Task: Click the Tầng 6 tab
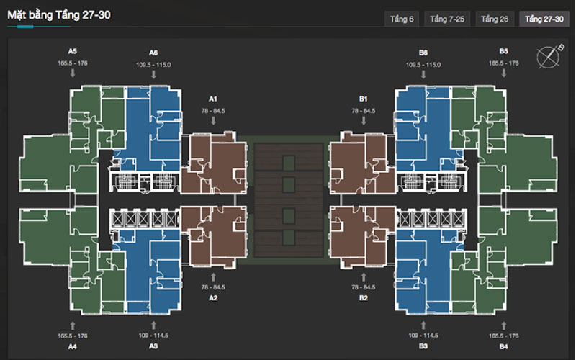click(402, 19)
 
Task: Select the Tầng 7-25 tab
click(448, 19)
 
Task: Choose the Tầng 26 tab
click(495, 19)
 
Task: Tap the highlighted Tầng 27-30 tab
click(544, 19)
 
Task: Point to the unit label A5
click(73, 52)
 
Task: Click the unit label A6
click(153, 53)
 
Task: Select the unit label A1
click(213, 98)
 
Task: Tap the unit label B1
click(364, 98)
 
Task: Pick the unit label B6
click(423, 53)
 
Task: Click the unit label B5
click(503, 52)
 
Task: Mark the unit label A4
click(73, 347)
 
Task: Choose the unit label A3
click(153, 347)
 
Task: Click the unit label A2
click(213, 297)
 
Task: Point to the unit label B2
click(364, 297)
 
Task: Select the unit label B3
click(423, 347)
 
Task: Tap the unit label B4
click(503, 347)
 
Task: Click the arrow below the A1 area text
click(213, 121)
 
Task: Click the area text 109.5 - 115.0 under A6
click(153, 65)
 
